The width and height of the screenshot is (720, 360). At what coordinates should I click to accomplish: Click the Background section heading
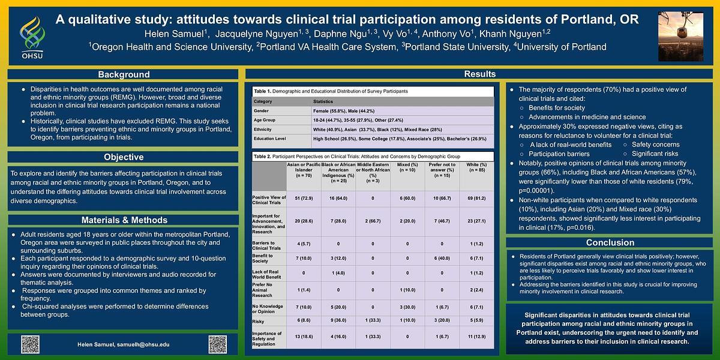(x=124, y=74)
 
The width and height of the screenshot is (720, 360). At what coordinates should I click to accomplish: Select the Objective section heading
(x=124, y=157)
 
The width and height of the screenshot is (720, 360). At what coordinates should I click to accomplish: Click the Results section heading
(x=480, y=74)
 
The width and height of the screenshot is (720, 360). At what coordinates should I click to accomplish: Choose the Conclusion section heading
(x=610, y=242)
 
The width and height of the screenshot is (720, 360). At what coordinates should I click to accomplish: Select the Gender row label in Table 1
(x=261, y=111)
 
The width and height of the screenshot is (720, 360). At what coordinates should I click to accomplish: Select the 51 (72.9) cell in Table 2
(x=304, y=198)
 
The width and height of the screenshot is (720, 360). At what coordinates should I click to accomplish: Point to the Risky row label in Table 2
(x=259, y=321)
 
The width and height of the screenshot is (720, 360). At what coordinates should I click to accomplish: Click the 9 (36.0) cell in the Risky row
(x=339, y=321)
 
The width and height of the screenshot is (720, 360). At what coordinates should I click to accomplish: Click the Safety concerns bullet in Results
(x=656, y=145)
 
